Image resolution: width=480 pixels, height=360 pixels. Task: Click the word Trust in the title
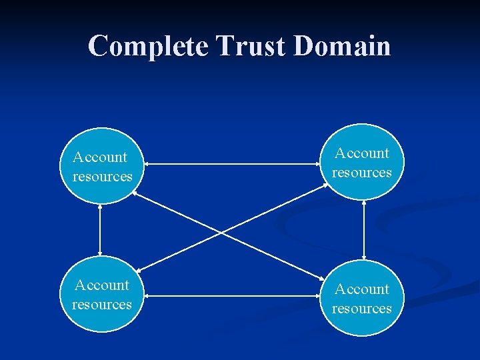(x=249, y=46)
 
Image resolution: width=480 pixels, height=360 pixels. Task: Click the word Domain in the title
(x=341, y=46)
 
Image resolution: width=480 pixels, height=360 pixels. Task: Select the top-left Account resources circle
(x=101, y=167)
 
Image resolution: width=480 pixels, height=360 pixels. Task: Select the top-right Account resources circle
(x=363, y=162)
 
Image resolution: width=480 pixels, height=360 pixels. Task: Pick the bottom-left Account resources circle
(x=101, y=294)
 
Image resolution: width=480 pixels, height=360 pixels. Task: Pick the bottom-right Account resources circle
(x=363, y=298)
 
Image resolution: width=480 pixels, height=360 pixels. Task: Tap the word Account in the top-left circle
(x=100, y=157)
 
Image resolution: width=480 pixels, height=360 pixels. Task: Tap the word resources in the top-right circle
(x=362, y=173)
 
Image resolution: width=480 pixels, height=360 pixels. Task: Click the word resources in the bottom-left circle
(x=102, y=305)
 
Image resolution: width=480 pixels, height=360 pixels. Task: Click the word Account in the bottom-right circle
(x=362, y=289)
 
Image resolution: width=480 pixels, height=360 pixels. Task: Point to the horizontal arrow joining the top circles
(x=233, y=164)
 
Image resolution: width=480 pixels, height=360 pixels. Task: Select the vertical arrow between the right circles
(x=364, y=230)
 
